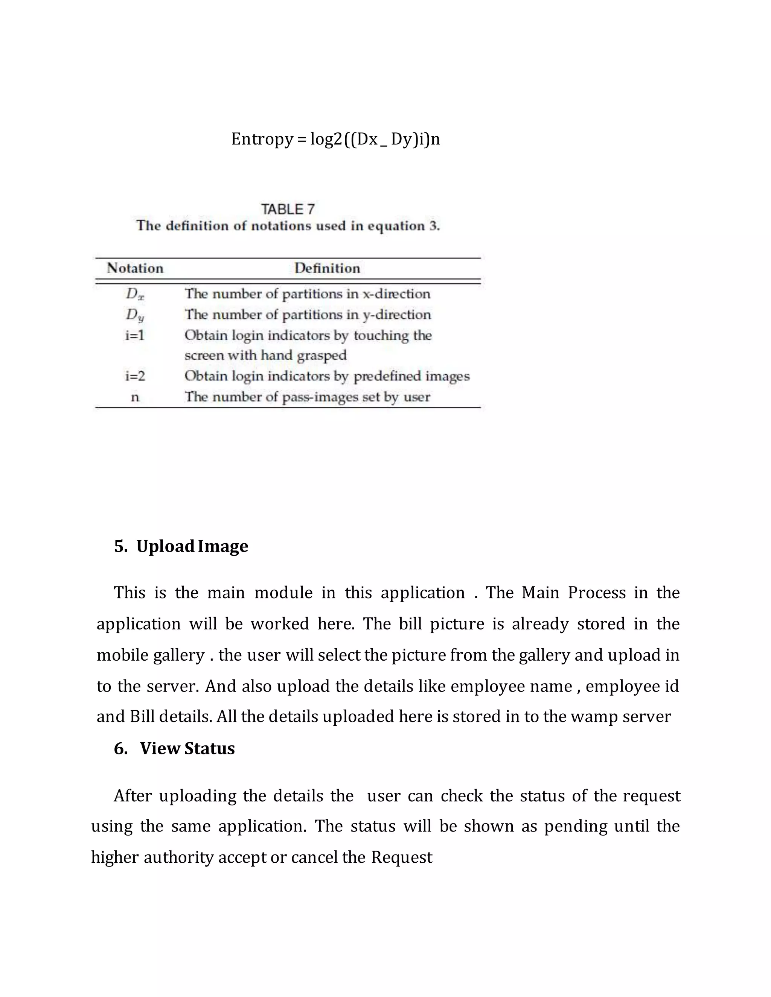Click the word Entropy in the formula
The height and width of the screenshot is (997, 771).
262,139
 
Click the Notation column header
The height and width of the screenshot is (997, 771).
135,268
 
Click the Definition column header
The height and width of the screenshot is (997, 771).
327,268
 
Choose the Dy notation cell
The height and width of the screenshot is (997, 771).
135,315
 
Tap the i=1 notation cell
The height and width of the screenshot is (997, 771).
135,336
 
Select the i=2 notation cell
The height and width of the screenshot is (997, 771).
135,376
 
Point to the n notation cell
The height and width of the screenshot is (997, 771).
135,397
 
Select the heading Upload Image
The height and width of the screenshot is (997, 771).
192,546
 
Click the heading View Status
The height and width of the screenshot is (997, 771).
187,749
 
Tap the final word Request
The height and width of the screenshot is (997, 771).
401,857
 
